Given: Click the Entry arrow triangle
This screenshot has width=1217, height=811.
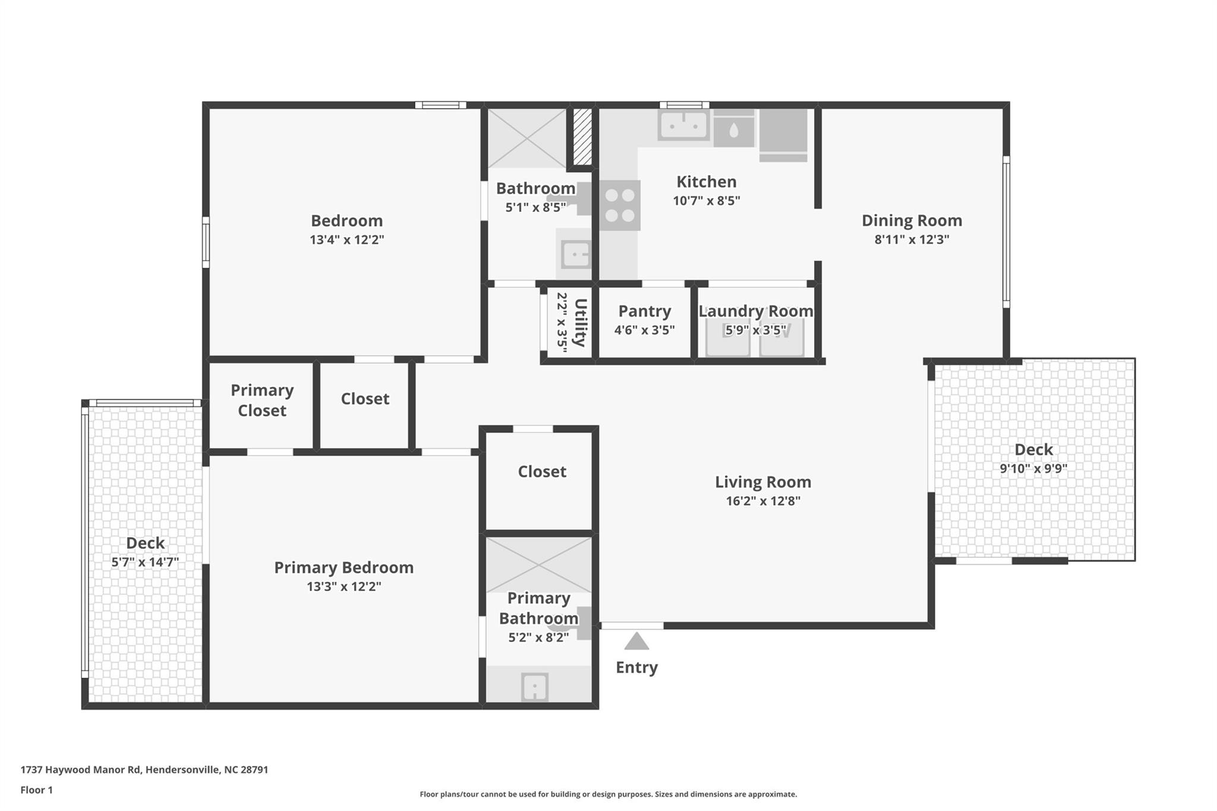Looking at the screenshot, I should click(636, 642).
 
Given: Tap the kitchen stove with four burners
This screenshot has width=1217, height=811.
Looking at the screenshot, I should click(620, 206).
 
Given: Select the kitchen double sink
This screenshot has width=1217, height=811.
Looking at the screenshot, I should click(683, 125).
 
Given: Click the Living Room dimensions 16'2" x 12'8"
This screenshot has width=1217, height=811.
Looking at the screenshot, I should click(763, 501).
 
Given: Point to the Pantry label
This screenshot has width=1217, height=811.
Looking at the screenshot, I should click(645, 311).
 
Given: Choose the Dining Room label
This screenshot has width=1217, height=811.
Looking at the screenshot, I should click(912, 220).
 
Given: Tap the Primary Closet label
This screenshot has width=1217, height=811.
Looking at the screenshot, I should click(262, 400).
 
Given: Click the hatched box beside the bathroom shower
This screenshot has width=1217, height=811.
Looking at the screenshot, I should click(582, 136).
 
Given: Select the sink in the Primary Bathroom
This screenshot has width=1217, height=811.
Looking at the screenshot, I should click(535, 687).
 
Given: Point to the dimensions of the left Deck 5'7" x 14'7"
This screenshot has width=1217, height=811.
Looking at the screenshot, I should click(145, 562).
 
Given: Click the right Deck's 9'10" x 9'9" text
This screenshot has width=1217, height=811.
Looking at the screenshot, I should click(1033, 468).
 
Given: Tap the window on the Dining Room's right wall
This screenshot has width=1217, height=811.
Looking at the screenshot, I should click(1006, 232).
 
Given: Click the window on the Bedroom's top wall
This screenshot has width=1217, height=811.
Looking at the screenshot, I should click(440, 105).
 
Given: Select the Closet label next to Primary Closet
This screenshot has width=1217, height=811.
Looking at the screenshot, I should click(365, 399).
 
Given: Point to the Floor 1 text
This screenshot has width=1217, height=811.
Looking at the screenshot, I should click(37, 790).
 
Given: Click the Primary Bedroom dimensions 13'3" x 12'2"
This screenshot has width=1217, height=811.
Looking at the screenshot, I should click(343, 586).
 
